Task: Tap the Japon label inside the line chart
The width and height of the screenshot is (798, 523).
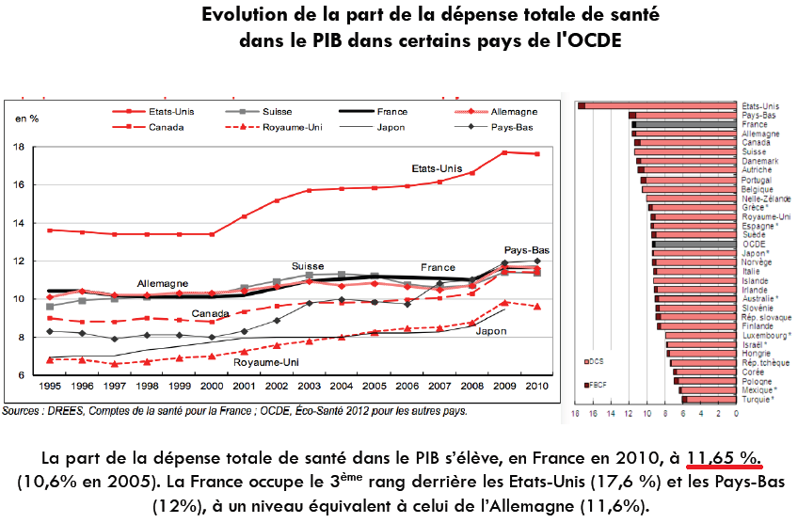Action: coord(490,331)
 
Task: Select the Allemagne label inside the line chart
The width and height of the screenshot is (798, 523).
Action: coord(162,283)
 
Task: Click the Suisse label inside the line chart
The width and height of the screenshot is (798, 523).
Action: coord(308,266)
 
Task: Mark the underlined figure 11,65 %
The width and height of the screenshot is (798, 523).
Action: coord(723,458)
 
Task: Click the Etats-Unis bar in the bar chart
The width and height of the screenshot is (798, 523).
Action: coord(659,106)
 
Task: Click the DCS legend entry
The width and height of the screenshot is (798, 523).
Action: coord(598,360)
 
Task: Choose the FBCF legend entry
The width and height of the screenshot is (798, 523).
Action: coord(598,385)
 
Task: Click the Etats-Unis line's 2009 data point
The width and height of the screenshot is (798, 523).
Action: coord(504,152)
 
